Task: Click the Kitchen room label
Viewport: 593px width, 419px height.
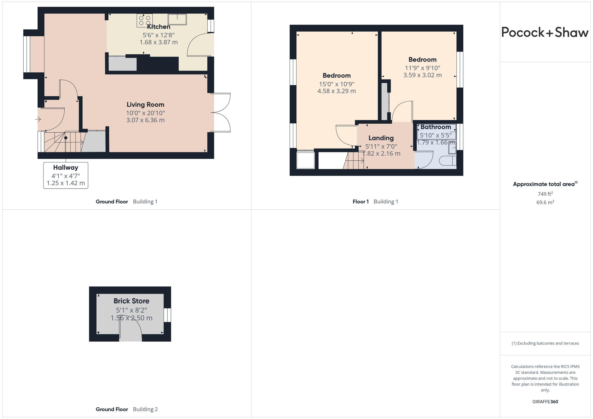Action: click(159, 27)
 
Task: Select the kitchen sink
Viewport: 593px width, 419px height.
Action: click(177, 19)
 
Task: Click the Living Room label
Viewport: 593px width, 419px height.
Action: click(145, 105)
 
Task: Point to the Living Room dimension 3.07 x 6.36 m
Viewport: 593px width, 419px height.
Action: click(145, 120)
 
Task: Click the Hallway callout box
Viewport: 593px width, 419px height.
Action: click(66, 175)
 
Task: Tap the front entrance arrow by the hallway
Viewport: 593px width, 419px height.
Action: click(38, 119)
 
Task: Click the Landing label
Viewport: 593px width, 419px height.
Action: click(381, 138)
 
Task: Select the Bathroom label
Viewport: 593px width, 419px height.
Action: click(436, 127)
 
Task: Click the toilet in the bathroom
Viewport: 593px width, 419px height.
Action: click(448, 161)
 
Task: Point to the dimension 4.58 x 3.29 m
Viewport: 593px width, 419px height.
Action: click(337, 91)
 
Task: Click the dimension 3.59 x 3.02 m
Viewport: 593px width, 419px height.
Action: click(423, 75)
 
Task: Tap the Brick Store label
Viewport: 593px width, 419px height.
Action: click(132, 301)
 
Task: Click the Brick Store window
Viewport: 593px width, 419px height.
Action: click(167, 315)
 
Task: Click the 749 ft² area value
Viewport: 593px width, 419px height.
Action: click(545, 194)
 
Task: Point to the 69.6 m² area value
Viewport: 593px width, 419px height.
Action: click(545, 202)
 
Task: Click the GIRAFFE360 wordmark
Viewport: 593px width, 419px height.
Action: click(545, 401)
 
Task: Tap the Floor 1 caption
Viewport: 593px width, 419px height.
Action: click(361, 202)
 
